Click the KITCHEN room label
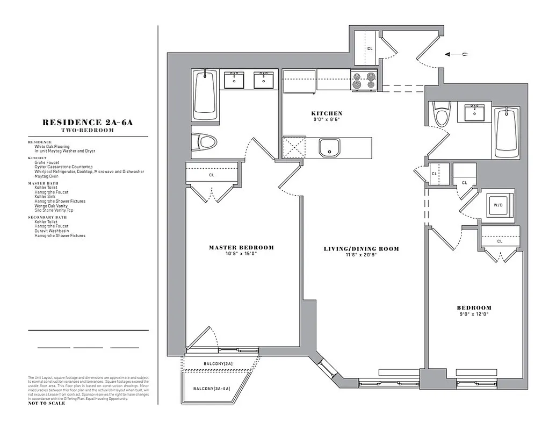click(x=327, y=113)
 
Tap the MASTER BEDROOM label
click(x=241, y=248)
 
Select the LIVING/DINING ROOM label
click(x=362, y=249)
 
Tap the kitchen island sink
click(x=329, y=148)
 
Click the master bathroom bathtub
click(x=205, y=95)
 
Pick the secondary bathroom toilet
click(x=442, y=113)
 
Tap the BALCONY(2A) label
click(x=218, y=364)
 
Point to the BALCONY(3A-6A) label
click(x=212, y=388)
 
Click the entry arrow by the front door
click(x=457, y=54)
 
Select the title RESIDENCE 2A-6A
click(x=88, y=123)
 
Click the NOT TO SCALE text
click(x=46, y=403)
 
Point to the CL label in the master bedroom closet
click(x=211, y=175)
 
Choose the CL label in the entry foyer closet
click(x=370, y=48)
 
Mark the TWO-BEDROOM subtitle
click(x=88, y=130)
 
